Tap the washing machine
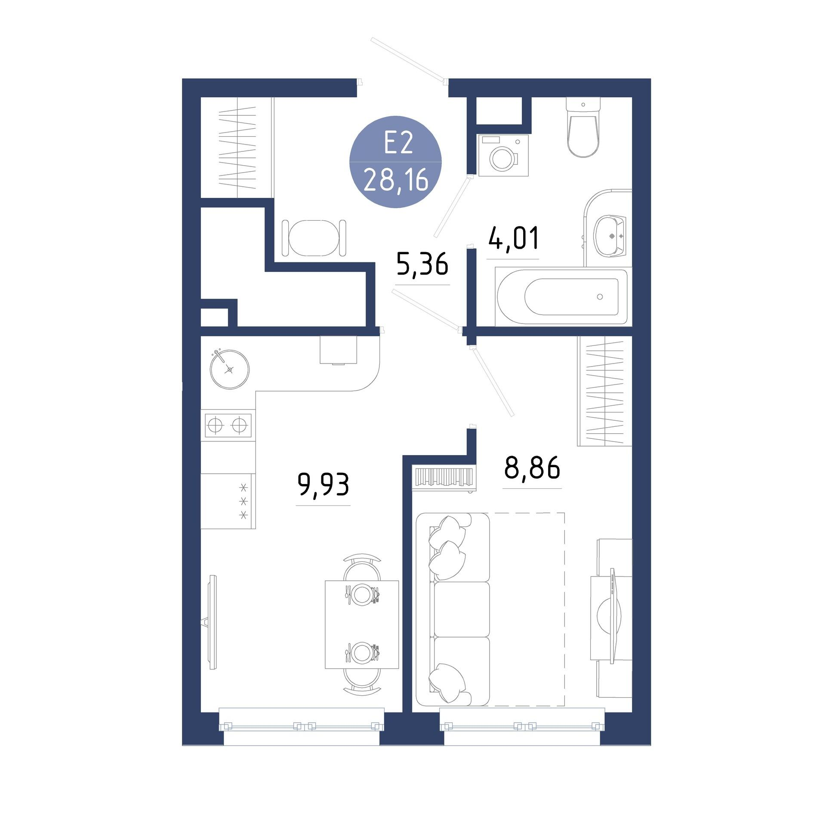[503, 155]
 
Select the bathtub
[561, 296]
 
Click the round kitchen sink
[230, 369]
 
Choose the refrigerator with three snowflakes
[228, 501]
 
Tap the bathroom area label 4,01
[513, 239]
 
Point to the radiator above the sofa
[443, 478]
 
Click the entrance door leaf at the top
[408, 59]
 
